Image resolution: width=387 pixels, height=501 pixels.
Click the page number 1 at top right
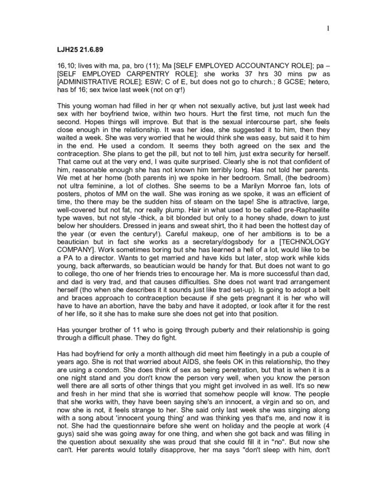[x=328, y=29]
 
